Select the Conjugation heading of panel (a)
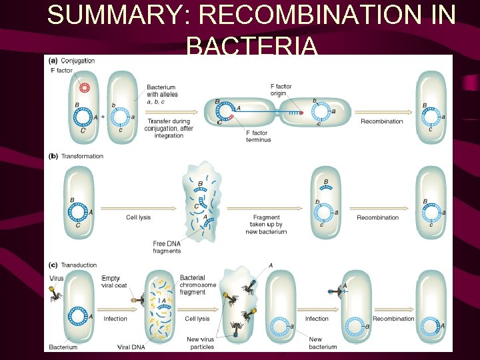pos(79,61)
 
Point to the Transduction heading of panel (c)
pos(79,265)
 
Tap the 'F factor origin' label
pos(281,90)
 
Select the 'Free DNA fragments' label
pos(166,247)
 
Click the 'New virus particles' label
pos(201,343)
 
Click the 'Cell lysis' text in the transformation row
pos(138,217)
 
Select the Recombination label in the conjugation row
pos(381,121)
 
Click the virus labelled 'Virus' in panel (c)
pos(55,293)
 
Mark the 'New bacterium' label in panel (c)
pos(323,343)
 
